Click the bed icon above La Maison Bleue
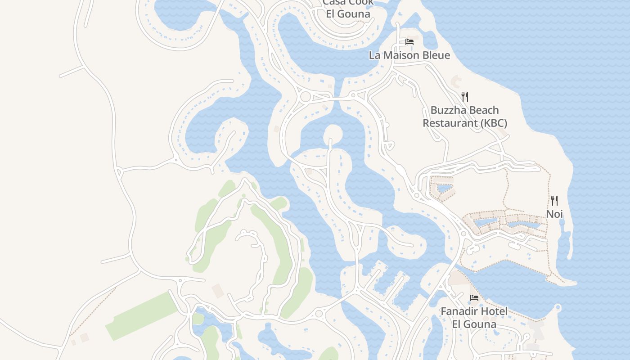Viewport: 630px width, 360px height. click(409, 42)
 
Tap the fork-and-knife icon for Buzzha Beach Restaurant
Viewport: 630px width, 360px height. click(465, 96)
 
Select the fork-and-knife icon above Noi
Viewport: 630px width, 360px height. click(554, 201)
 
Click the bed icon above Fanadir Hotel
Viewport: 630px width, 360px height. click(474, 298)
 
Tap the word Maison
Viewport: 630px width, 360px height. click(400, 55)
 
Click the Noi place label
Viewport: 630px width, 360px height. click(554, 214)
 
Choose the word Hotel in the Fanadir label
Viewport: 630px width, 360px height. click(494, 311)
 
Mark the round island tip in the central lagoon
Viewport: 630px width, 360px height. click(333, 133)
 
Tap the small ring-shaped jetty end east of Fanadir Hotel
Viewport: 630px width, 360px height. click(558, 308)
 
